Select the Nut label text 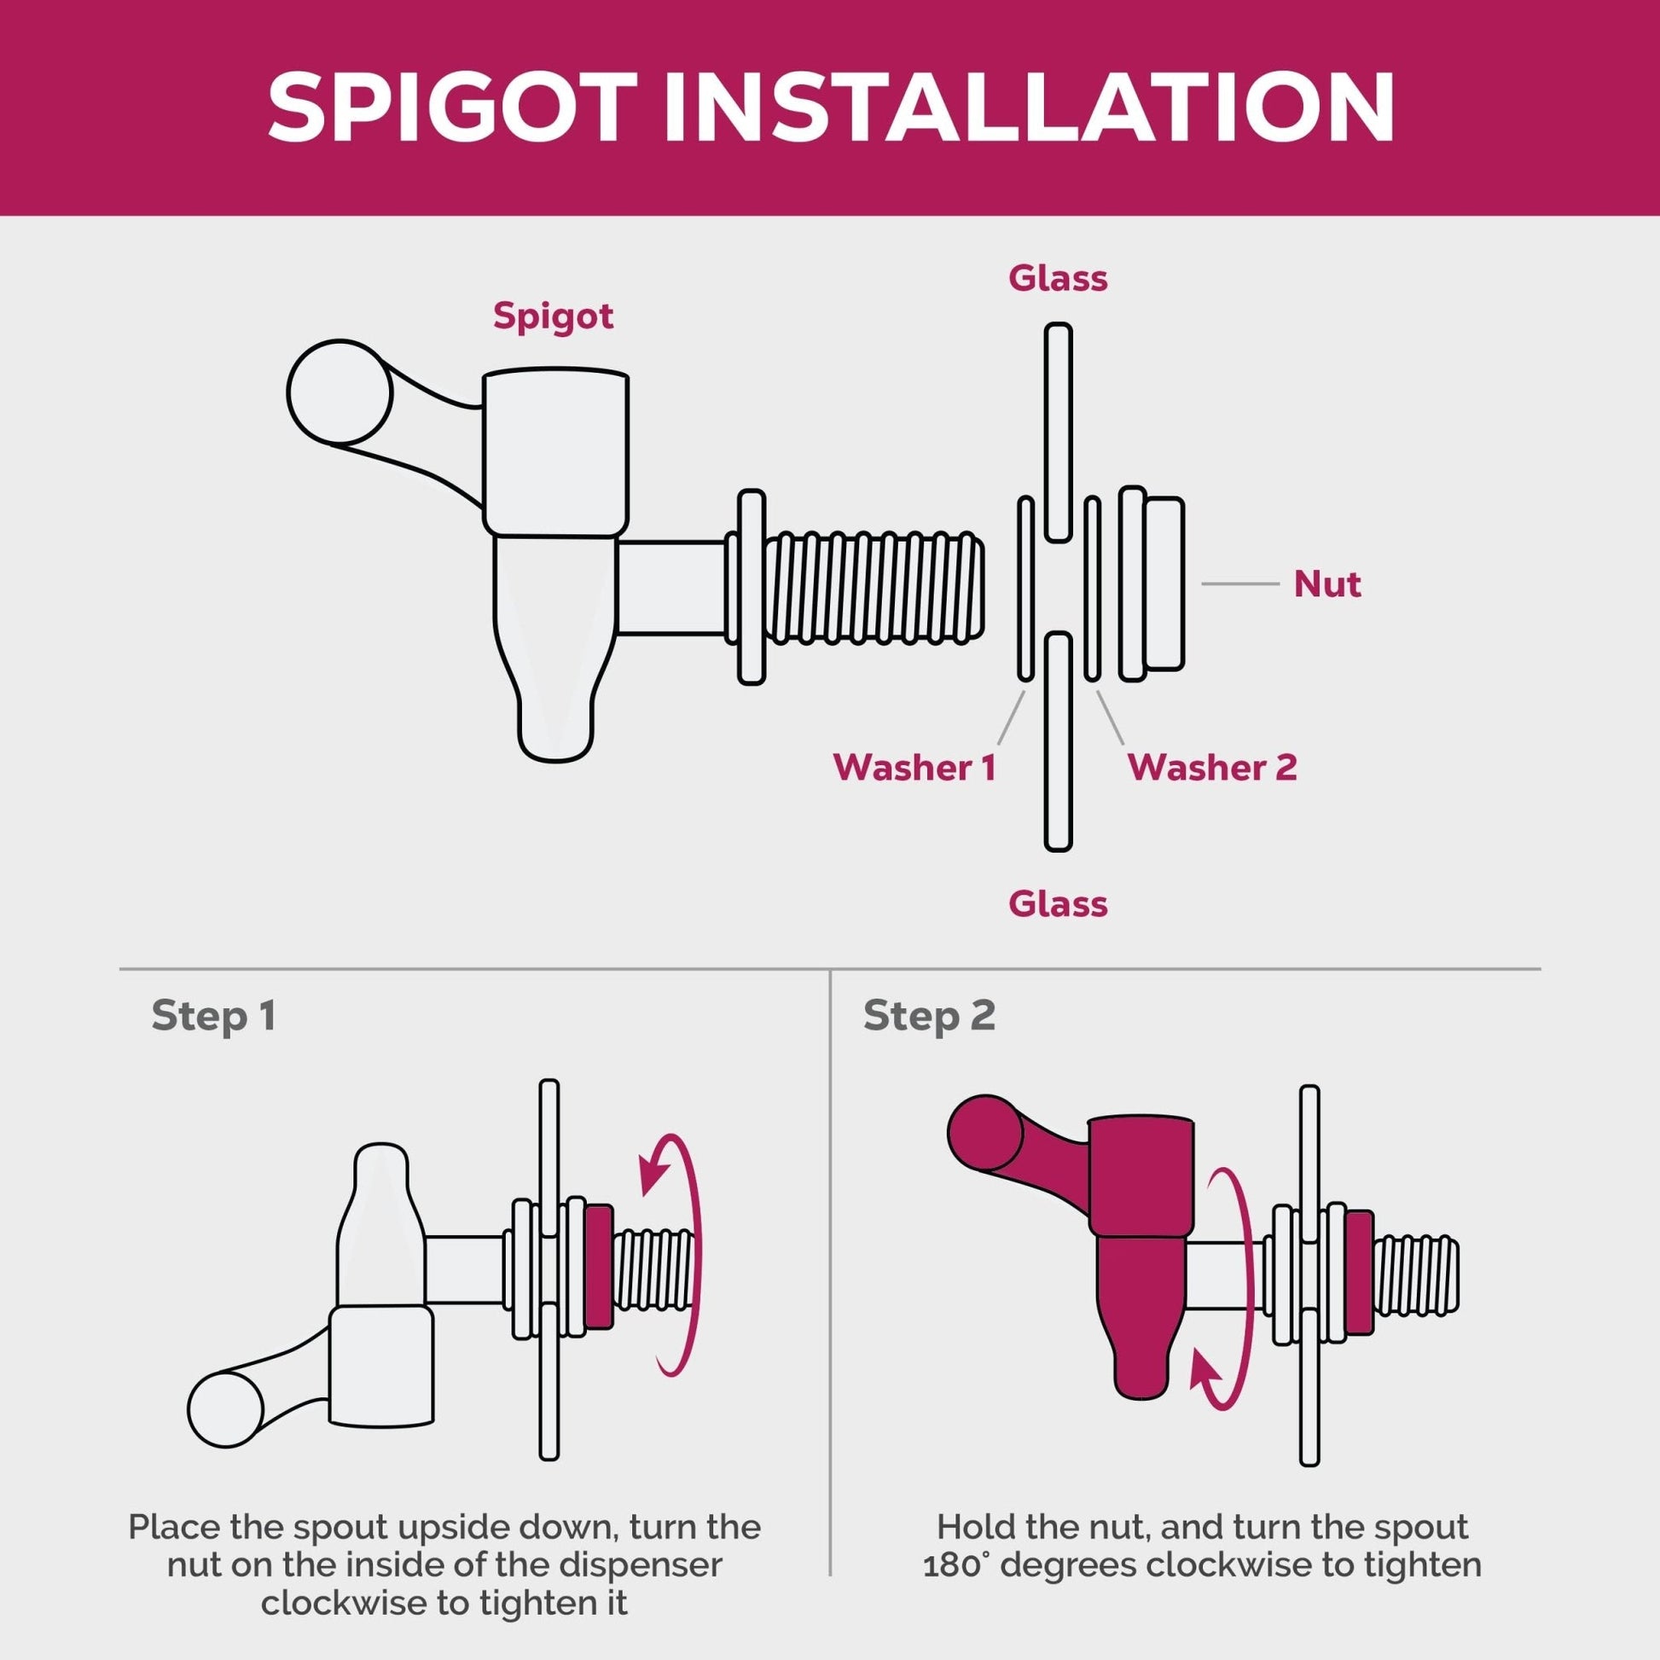[x=1327, y=584]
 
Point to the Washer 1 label [x=914, y=767]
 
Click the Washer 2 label [x=1212, y=767]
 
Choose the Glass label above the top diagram [x=1058, y=278]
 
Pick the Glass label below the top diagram [x=1058, y=904]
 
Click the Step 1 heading [x=213, y=1017]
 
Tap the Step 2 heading [x=929, y=1017]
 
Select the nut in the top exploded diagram [x=1152, y=583]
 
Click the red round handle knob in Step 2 [x=984, y=1134]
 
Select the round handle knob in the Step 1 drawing [x=225, y=1410]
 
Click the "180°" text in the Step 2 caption [x=957, y=1564]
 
